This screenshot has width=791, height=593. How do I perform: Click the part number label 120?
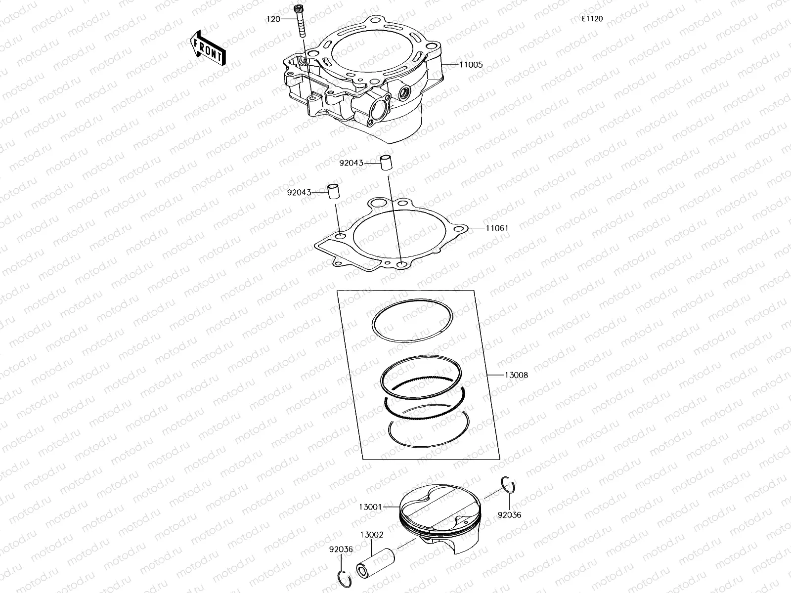pyautogui.click(x=273, y=19)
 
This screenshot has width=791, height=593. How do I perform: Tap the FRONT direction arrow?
pyautogui.click(x=207, y=48)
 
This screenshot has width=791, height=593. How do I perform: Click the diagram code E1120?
pyautogui.click(x=592, y=19)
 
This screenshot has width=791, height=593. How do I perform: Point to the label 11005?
pyautogui.click(x=471, y=65)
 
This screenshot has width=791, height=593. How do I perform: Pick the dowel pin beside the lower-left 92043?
pyautogui.click(x=335, y=192)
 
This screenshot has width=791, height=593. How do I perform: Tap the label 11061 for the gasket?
pyautogui.click(x=497, y=228)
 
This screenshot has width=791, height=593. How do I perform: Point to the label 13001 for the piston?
pyautogui.click(x=371, y=507)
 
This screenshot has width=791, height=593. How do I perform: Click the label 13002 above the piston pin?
pyautogui.click(x=372, y=535)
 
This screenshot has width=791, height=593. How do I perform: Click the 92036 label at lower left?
pyautogui.click(x=341, y=549)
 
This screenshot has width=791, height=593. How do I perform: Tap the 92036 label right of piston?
pyautogui.click(x=509, y=515)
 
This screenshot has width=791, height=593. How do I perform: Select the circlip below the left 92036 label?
pyautogui.click(x=345, y=579)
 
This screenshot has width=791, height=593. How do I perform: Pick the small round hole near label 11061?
pyautogui.click(x=461, y=229)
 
